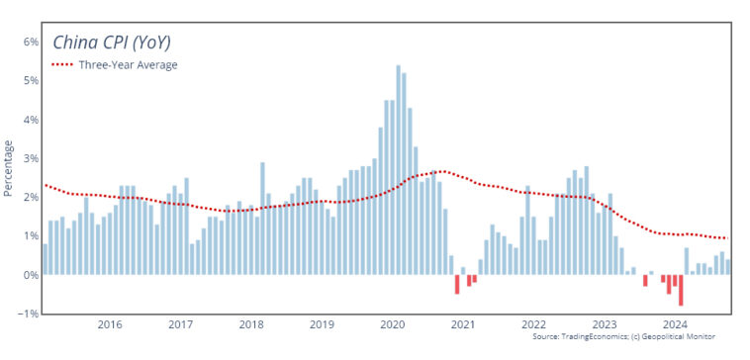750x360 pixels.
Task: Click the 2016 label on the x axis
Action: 110,324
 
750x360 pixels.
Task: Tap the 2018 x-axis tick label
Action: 251,324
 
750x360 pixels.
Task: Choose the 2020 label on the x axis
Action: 393,324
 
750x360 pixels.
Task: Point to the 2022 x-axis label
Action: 533,324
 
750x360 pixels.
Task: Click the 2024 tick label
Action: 675,324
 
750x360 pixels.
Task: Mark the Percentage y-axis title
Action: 9,168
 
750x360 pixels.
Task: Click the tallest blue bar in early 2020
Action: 398,168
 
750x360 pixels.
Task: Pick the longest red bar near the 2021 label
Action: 457,284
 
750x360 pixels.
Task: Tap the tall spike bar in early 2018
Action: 262,218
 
